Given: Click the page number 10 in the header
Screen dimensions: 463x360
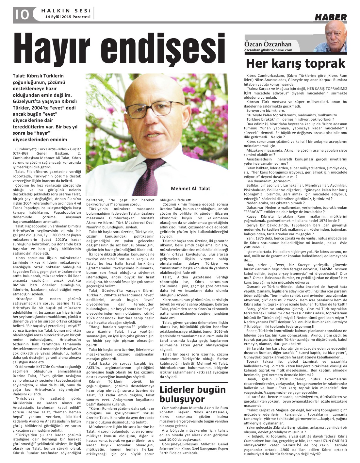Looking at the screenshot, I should (21, 15).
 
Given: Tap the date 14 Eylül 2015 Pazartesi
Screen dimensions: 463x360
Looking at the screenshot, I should (68, 17).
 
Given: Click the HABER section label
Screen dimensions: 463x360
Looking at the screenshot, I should (331, 17).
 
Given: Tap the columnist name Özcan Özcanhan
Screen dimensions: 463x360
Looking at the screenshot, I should (268, 44).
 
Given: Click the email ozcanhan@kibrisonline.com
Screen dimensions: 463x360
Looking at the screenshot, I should (268, 50).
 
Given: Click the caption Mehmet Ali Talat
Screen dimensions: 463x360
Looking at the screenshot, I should (190, 189).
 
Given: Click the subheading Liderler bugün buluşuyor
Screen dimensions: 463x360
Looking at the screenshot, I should (192, 394).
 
